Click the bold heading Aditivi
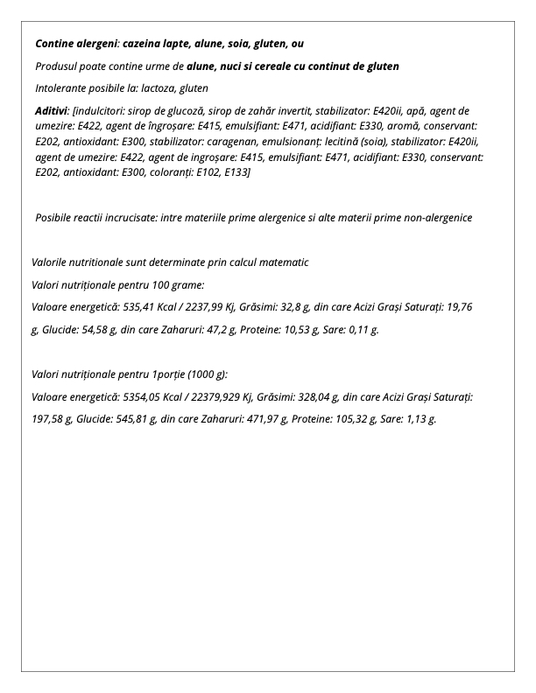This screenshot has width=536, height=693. (52, 111)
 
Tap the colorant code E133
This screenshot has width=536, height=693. (239, 172)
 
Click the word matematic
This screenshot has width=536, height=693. (282, 262)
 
